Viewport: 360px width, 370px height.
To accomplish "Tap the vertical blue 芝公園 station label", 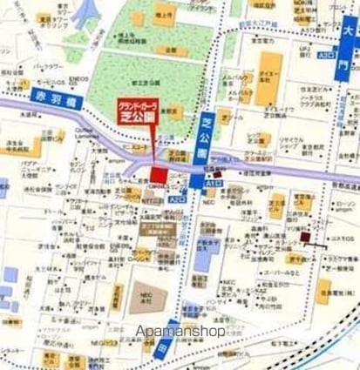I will [x=207, y=131].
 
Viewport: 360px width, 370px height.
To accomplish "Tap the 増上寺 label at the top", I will [x=163, y=14].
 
